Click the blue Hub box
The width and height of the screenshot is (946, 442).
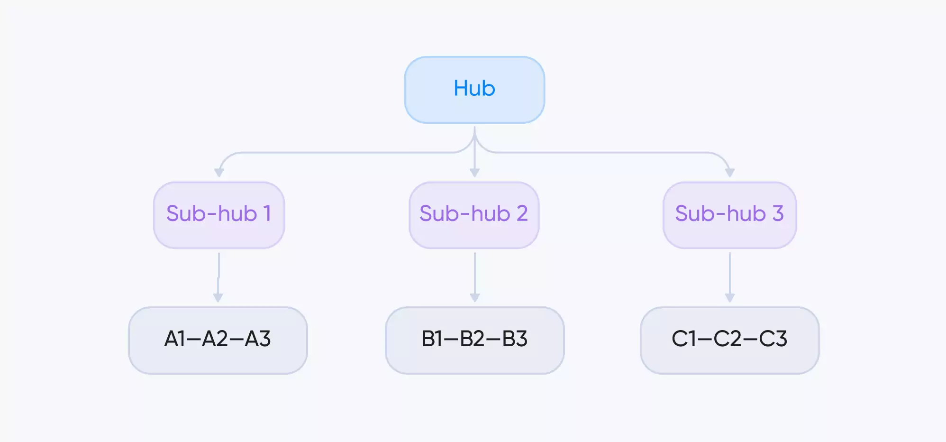click(x=474, y=90)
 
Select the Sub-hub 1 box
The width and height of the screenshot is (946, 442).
click(x=218, y=215)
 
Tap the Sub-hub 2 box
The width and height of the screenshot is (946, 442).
click(x=474, y=215)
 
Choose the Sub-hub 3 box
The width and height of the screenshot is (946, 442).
click(x=729, y=215)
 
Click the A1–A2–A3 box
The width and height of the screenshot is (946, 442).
click(x=218, y=340)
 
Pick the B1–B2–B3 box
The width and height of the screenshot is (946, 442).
click(x=474, y=340)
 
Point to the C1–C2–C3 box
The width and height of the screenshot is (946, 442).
click(x=729, y=340)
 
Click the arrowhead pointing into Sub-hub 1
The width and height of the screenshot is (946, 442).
click(x=219, y=173)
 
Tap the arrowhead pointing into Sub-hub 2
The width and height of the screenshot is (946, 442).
click(x=474, y=173)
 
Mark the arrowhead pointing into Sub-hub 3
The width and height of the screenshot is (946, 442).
click(x=730, y=173)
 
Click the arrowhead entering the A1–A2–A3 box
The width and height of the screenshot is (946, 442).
click(x=218, y=298)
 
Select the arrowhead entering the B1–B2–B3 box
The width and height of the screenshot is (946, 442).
click(x=474, y=298)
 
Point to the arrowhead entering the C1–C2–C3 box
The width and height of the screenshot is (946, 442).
click(x=730, y=298)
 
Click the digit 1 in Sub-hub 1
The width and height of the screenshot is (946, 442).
click(x=267, y=213)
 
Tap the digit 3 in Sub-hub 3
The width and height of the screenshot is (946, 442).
click(x=778, y=213)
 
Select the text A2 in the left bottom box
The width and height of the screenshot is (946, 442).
click(x=215, y=339)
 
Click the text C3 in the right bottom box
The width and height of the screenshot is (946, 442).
click(x=773, y=339)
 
